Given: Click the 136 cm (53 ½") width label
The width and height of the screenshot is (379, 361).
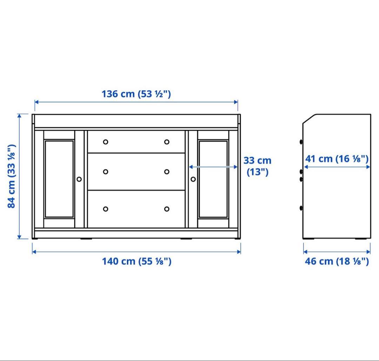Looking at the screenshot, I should click(x=136, y=94).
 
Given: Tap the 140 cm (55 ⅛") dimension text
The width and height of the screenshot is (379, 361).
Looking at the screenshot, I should click(x=137, y=261).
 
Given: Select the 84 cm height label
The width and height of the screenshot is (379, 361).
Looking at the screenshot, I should click(x=12, y=176).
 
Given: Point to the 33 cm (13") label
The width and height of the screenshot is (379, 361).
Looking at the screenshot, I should click(x=257, y=166).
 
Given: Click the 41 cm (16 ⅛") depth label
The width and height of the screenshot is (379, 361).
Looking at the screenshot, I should click(x=337, y=159).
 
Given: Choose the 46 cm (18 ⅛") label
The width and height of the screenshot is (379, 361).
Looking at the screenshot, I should click(x=337, y=261).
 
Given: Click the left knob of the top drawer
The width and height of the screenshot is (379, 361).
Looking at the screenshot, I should click(x=106, y=142).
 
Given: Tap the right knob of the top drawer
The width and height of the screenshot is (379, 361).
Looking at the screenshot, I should click(x=167, y=142).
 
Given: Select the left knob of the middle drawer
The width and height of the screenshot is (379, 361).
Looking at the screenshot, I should click(x=106, y=172).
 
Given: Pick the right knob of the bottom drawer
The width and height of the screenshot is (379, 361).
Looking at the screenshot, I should click(x=167, y=209).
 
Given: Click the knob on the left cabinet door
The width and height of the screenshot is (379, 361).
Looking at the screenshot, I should click(x=79, y=179).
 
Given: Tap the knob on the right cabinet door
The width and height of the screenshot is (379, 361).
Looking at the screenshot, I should click(x=193, y=179).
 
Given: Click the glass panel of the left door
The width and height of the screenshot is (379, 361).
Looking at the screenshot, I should click(x=59, y=179).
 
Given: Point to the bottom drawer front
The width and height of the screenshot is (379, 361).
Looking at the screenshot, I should click(x=136, y=209).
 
